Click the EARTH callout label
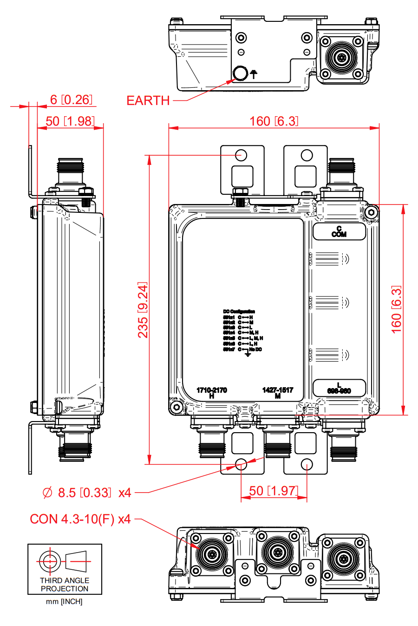[x=148, y=100]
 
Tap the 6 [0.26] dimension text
[x=71, y=99]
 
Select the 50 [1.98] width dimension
[x=70, y=121]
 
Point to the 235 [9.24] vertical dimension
[x=143, y=310]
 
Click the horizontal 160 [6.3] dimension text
[x=274, y=121]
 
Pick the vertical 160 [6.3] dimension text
[x=396, y=310]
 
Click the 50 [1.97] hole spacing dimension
[x=274, y=491]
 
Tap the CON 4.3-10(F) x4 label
[x=80, y=519]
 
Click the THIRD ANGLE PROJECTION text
[x=65, y=585]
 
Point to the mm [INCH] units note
[x=64, y=602]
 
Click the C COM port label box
[x=339, y=231]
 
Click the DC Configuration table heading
[x=239, y=311]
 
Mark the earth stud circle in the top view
[x=240, y=73]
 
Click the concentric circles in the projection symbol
[x=49, y=561]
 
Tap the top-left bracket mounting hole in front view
[x=241, y=155]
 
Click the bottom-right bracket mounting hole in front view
[x=307, y=464]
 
